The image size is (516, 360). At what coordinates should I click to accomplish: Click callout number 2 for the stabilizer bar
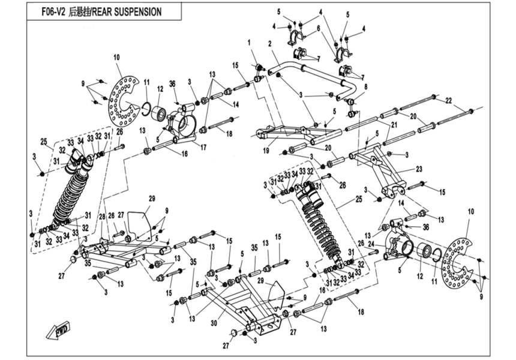[271, 43]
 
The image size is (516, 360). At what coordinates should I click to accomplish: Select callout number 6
[319, 28]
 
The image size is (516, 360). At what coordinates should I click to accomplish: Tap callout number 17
[203, 146]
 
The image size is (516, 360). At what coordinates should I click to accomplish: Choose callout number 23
[419, 169]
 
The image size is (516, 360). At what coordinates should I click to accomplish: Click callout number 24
[371, 244]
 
